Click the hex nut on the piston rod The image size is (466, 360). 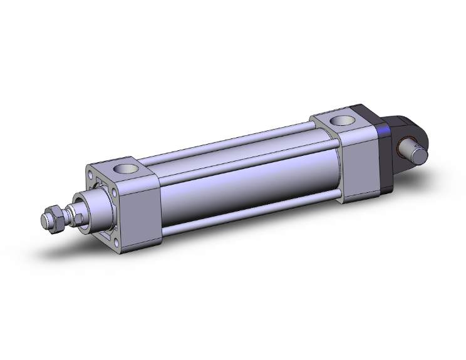(56, 217)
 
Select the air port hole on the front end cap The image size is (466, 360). (123, 169)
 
